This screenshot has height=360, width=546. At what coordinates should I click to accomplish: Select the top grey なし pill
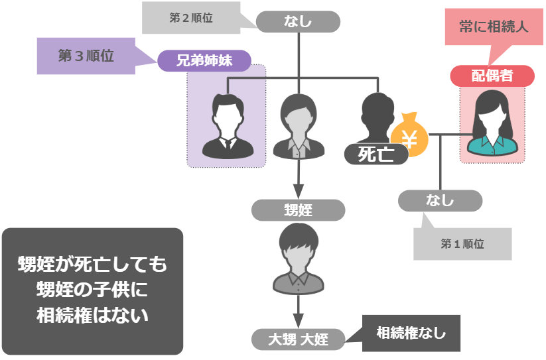tap(298, 22)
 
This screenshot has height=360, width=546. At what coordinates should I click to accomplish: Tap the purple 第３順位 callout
tap(86, 56)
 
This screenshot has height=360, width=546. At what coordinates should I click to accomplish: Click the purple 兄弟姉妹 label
tap(204, 61)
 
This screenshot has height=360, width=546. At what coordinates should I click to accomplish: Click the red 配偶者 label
tap(492, 76)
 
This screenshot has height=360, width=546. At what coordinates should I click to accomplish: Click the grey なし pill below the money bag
tap(440, 200)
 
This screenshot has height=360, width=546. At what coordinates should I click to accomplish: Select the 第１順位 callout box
tap(462, 244)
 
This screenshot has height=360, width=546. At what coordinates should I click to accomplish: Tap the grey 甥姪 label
tap(298, 210)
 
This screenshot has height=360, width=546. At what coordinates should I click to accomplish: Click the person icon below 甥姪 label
tap(299, 258)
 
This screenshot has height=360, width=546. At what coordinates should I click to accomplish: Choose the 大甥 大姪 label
tap(299, 340)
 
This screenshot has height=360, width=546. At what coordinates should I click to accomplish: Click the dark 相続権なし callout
tap(411, 333)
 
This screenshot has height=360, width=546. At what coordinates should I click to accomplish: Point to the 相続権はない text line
tap(92, 314)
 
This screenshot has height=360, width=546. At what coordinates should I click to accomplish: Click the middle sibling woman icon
tap(299, 125)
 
